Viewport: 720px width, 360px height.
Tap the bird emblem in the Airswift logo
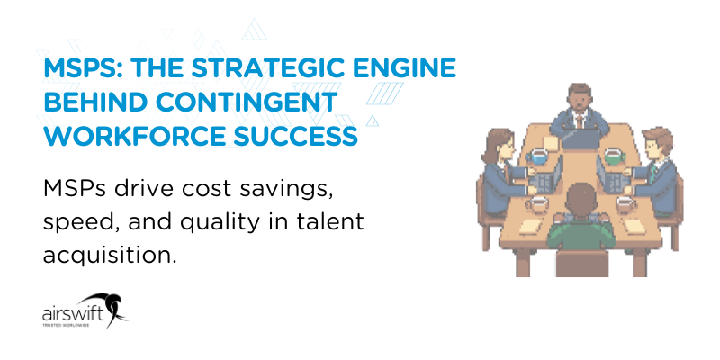point(110,306)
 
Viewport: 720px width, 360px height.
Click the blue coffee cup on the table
point(538,157)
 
